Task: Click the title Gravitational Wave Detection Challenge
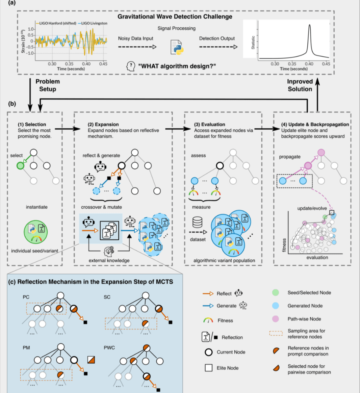pyautogui.click(x=175, y=17)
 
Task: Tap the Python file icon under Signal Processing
pyautogui.click(x=177, y=47)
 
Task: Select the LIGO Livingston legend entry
pyautogui.click(x=92, y=23)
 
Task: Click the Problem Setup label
pyautogui.click(x=48, y=85)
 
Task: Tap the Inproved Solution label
pyautogui.click(x=300, y=85)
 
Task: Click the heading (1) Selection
pyautogui.click(x=32, y=124)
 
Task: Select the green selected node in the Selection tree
pyautogui.click(x=21, y=165)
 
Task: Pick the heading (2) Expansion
pyautogui.click(x=103, y=124)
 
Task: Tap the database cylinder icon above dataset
pyautogui.click(x=197, y=222)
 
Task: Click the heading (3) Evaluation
pyautogui.click(x=209, y=124)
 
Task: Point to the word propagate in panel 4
pyautogui.click(x=289, y=157)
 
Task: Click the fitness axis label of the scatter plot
pyautogui.click(x=284, y=245)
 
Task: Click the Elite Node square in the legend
pyautogui.click(x=209, y=368)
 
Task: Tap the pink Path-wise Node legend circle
pyautogui.click(x=276, y=319)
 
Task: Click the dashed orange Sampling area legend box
pyautogui.click(x=276, y=333)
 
